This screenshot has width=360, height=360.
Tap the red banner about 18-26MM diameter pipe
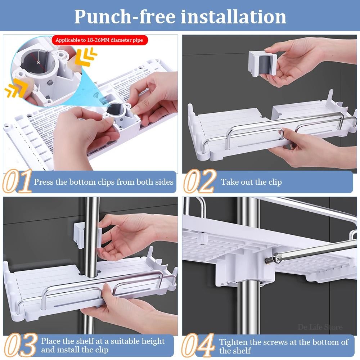(x=99, y=40)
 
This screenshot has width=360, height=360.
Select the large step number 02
(x=200, y=181)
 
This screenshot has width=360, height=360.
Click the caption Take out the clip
(x=251, y=182)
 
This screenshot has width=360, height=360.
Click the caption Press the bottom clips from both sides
(x=104, y=182)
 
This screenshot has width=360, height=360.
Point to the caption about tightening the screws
(x=284, y=346)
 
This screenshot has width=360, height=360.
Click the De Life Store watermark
(x=320, y=327)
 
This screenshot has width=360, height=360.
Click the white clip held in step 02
(x=262, y=63)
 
